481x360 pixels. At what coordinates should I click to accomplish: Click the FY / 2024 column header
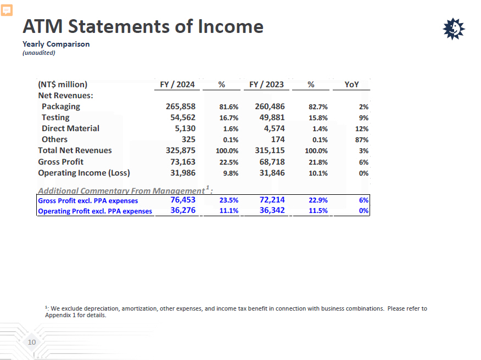[177, 85]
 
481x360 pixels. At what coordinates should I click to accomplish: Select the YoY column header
[351, 85]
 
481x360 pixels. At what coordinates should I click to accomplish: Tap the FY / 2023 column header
[266, 85]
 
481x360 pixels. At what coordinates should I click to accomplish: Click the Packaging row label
[60, 106]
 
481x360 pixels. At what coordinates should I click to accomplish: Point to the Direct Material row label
[70, 128]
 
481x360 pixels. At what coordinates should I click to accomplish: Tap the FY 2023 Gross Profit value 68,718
[270, 162]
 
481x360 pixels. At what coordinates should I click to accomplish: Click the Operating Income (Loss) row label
[83, 173]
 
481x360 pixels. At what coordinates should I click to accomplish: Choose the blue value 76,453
[183, 200]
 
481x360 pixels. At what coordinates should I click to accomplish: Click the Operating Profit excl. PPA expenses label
[95, 211]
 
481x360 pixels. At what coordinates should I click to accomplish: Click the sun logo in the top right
[454, 29]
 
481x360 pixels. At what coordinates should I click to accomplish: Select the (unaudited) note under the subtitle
[39, 53]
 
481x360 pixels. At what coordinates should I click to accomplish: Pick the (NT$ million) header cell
[63, 85]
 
